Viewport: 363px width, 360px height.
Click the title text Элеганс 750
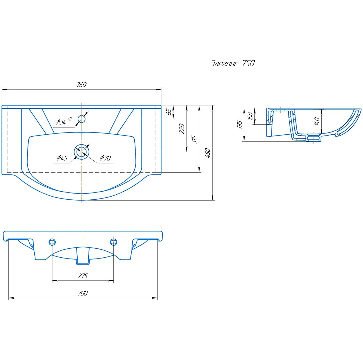[x=232, y=63]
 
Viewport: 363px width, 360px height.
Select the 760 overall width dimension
[x=81, y=85]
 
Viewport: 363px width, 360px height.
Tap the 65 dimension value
[x=169, y=112]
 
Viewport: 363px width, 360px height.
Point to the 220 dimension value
[x=182, y=129]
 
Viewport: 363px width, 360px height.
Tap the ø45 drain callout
[x=62, y=158]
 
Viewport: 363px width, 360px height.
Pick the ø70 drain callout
[x=105, y=158]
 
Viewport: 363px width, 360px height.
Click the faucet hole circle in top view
[x=82, y=119]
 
